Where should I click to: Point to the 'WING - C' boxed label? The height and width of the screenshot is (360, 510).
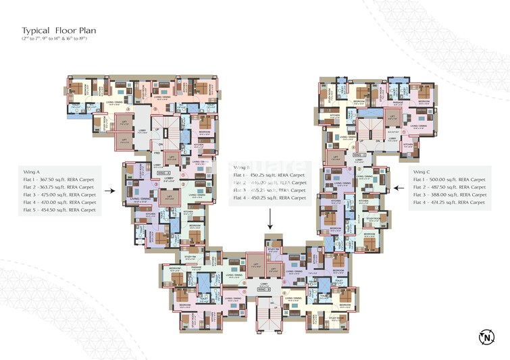pos(359,155)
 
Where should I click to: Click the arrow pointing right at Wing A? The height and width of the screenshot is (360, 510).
pos(111,191)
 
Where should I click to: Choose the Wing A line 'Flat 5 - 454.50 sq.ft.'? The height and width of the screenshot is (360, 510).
pos(59,210)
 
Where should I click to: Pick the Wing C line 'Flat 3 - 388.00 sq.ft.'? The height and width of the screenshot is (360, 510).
pos(449,195)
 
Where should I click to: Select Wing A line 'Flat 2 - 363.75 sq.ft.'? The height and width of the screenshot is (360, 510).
pos(59,186)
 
